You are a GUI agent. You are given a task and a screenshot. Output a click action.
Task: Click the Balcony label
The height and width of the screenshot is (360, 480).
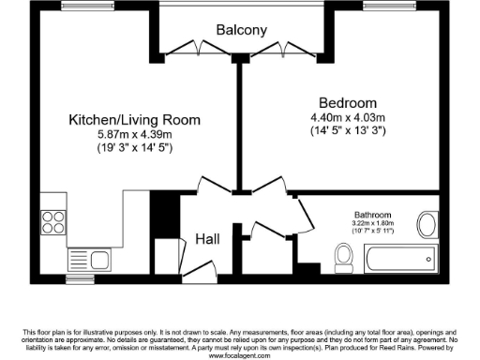coord(243,30)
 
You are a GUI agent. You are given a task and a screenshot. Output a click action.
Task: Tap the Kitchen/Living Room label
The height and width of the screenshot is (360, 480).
coord(135,120)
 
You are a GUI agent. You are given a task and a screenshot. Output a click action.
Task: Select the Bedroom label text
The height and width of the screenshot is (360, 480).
coord(347,102)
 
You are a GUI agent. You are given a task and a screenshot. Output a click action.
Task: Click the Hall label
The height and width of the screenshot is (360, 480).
coord(207,240)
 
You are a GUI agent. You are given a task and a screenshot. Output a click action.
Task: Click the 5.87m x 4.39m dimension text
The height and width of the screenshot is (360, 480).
coord(135,134)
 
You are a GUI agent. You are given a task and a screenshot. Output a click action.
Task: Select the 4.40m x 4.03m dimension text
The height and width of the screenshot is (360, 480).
coord(347,117)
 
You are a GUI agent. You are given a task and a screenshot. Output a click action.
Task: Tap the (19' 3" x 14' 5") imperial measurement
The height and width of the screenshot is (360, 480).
coord(135,148)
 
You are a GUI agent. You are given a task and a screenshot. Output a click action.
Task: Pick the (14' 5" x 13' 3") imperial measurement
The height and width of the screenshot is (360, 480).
coord(347,131)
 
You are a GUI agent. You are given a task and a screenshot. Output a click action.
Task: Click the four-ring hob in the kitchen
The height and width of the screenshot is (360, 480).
coord(52,223)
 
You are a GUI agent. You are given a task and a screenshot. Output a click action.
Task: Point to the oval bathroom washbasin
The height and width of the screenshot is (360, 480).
coord(427,224)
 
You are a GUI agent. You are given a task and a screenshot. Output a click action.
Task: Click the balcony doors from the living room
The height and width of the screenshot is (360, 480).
coord(196,47)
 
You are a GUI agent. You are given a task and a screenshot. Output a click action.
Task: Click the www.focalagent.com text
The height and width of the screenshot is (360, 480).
coord(240,356)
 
